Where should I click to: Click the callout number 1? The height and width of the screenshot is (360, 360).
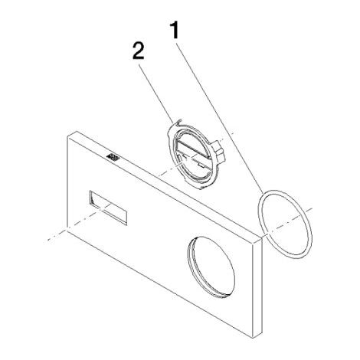[x=175, y=30]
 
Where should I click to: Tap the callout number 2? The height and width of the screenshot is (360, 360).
[x=139, y=51]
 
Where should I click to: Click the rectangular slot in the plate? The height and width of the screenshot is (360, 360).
[x=108, y=208]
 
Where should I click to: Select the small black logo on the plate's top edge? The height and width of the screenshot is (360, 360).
[x=113, y=157]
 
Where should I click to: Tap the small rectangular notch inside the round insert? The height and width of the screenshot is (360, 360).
[x=201, y=166]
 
